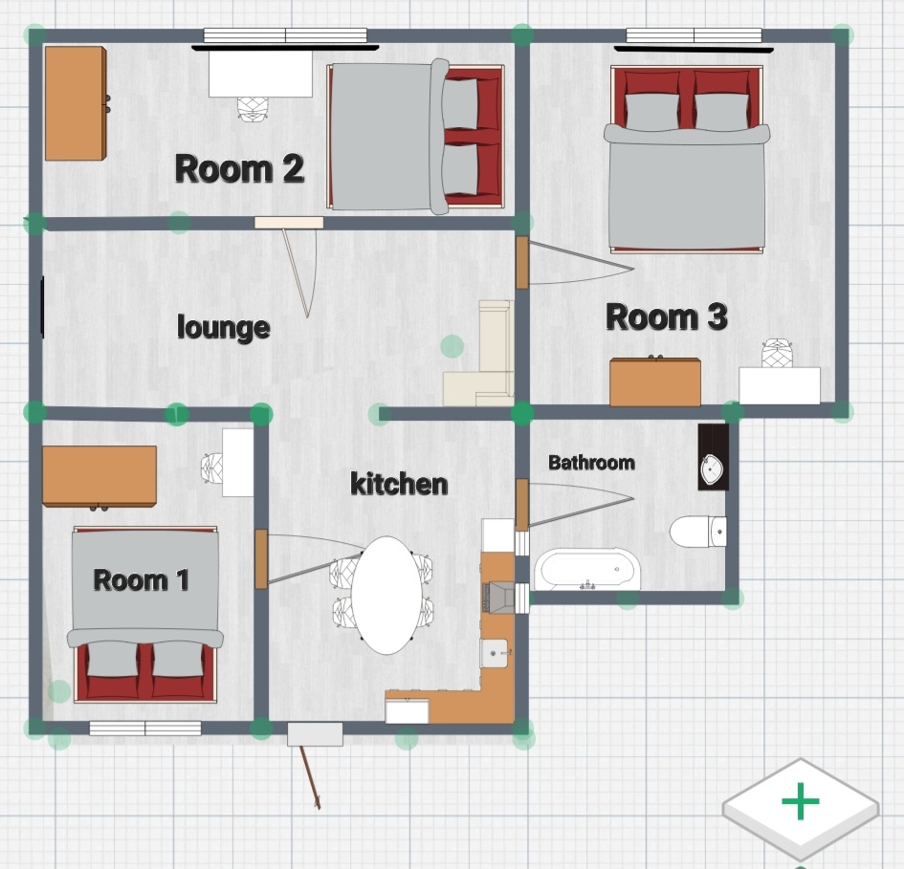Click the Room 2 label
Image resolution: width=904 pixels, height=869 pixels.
click(239, 168)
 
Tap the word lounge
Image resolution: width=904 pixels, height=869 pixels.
click(224, 327)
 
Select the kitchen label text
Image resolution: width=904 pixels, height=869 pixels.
click(399, 484)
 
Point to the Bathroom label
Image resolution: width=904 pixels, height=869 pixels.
click(591, 462)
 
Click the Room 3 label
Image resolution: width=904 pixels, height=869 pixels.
click(667, 317)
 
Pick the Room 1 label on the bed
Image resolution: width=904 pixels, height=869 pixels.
click(142, 579)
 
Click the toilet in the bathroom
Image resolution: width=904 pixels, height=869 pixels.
click(698, 532)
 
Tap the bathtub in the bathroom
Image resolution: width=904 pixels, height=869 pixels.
click(587, 570)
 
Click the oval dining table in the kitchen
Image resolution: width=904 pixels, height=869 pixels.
click(386, 596)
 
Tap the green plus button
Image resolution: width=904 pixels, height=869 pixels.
click(801, 801)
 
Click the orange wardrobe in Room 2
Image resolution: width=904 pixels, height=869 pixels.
click(76, 103)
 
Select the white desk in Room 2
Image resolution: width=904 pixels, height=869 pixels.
click(260, 74)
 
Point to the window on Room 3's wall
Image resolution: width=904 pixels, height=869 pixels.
click(694, 35)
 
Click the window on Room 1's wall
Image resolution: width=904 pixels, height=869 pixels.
click(145, 728)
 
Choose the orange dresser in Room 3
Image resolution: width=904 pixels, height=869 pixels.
click(655, 380)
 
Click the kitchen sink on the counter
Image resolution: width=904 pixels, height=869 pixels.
click(494, 653)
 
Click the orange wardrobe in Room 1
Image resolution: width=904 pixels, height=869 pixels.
click(99, 477)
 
